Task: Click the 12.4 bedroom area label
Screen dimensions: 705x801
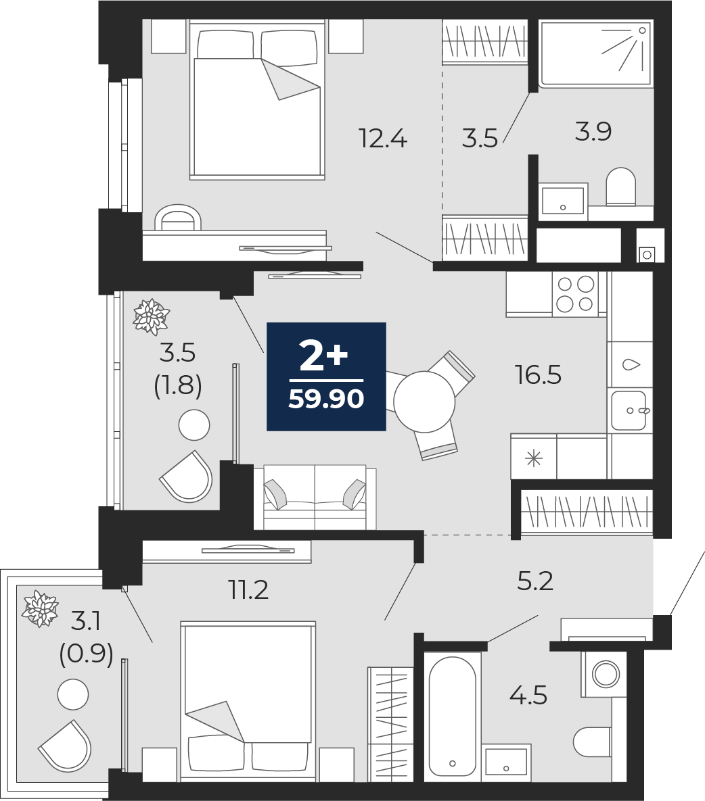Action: point(383,139)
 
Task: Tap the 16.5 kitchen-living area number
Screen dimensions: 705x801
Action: point(538,375)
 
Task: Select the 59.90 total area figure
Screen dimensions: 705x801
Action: point(326,399)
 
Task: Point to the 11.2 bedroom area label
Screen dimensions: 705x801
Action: point(248,591)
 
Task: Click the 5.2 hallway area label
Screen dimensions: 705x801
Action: point(535,581)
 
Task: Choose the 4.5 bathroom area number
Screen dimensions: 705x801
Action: point(528,696)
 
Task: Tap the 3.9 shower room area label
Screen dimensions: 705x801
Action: point(593,132)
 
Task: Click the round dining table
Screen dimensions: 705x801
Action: point(424,402)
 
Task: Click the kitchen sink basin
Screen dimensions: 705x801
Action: point(629,411)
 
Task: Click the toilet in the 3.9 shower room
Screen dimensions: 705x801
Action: point(620,187)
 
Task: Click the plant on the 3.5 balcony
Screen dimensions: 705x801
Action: point(152,317)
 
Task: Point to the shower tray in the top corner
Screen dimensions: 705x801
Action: point(596,53)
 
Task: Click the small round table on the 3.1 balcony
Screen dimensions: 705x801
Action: point(73,695)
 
